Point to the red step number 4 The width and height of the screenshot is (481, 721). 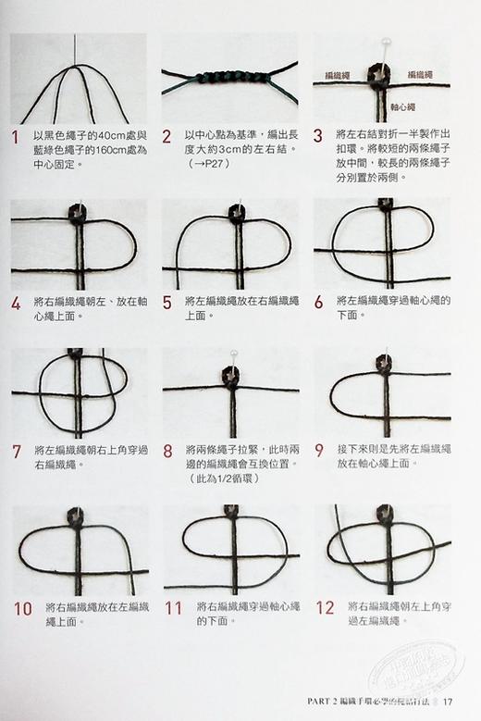click(15, 302)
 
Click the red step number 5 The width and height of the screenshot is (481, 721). click(167, 302)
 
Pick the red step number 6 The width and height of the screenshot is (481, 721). click(318, 302)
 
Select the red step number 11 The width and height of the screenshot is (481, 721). click(173, 608)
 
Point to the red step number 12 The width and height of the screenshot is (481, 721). click(324, 608)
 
